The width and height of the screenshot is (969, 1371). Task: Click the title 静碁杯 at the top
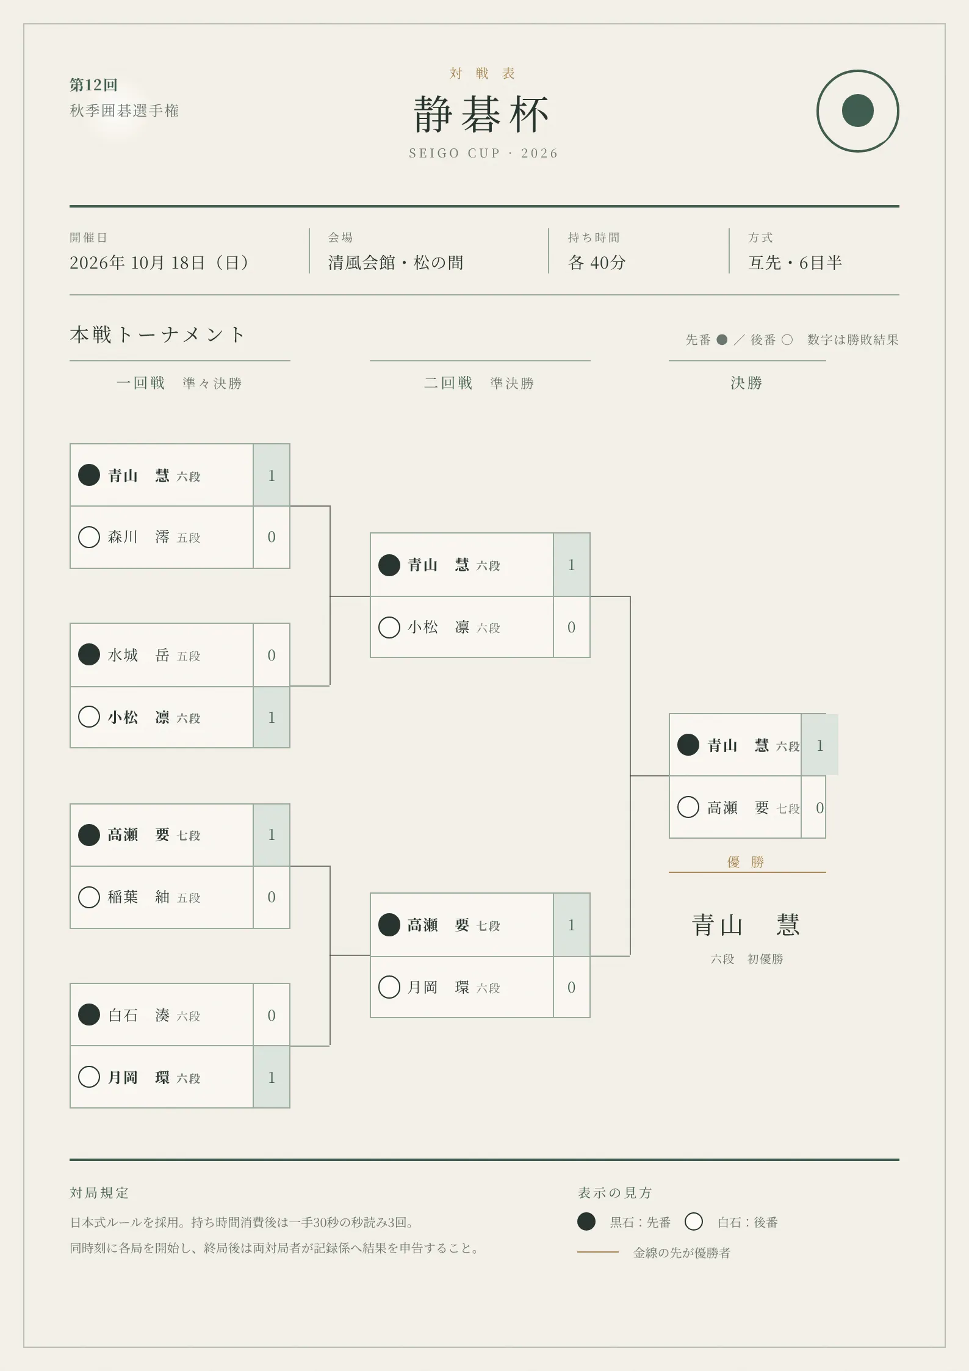coord(481,114)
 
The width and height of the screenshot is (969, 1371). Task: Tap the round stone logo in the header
coord(857,111)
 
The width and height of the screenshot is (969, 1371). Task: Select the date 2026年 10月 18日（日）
coord(160,262)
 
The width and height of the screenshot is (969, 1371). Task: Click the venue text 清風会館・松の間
coord(395,262)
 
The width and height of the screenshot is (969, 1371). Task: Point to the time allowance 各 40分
coord(597,262)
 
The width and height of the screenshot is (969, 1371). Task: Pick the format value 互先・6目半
coord(795,262)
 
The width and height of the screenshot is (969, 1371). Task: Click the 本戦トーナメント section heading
coord(157,335)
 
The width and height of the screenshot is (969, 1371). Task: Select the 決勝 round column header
coord(746,383)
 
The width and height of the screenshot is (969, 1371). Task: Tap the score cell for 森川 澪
coord(272,537)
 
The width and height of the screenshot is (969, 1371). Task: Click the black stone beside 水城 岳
coord(89,654)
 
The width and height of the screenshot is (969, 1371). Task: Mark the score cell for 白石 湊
coord(272,1015)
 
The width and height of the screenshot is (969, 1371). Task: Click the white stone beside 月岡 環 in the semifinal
coord(389,987)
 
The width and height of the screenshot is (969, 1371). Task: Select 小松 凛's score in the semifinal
coord(572,628)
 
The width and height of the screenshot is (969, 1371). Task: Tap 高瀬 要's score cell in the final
coord(814,808)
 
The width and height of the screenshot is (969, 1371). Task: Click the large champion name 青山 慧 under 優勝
coord(746,925)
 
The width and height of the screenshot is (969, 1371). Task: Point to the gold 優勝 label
coord(746,862)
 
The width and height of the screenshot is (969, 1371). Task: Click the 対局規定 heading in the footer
coord(99,1193)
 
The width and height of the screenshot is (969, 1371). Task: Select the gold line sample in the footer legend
coord(598,1252)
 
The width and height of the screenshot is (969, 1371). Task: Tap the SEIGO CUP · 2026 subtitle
coord(483,153)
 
